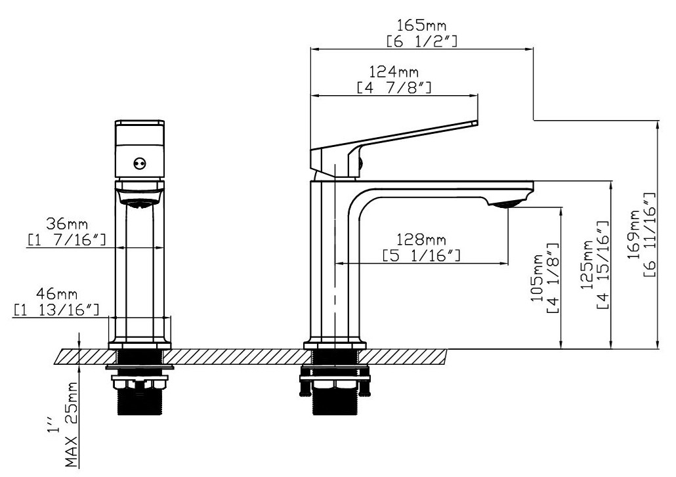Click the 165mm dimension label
tap(421, 26)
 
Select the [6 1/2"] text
tap(421, 41)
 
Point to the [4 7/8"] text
tap(394, 87)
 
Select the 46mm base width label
tap(56, 293)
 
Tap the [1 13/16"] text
tap(56, 308)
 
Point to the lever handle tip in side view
tap(474, 123)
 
